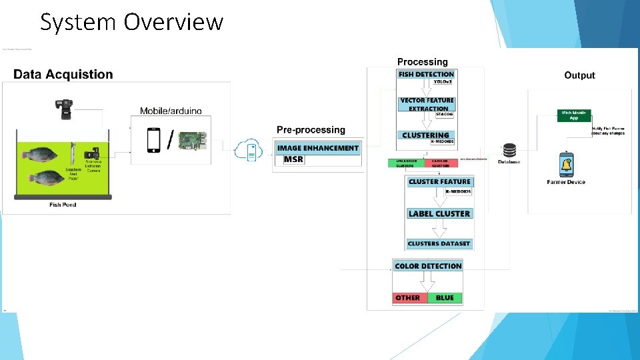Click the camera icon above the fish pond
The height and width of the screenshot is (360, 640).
point(65,109)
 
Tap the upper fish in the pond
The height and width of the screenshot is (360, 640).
point(42,155)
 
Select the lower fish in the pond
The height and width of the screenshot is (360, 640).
point(45,178)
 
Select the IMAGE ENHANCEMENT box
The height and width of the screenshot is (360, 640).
point(317,148)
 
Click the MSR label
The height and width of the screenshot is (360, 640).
point(293,159)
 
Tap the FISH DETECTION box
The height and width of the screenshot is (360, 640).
point(426,74)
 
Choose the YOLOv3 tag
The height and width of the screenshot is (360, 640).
point(443,81)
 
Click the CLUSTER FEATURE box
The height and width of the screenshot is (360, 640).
point(439,181)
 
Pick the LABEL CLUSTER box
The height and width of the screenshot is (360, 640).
point(439,213)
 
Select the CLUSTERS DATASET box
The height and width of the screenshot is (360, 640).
point(439,243)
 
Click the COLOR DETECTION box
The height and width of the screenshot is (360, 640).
point(428,266)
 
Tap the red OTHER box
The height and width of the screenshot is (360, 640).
point(409,297)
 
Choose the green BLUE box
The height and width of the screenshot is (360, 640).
point(445,297)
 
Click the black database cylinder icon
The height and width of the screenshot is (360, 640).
point(509,151)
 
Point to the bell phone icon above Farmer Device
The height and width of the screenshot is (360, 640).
point(566,165)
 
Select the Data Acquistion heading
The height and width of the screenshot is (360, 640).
point(63,74)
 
